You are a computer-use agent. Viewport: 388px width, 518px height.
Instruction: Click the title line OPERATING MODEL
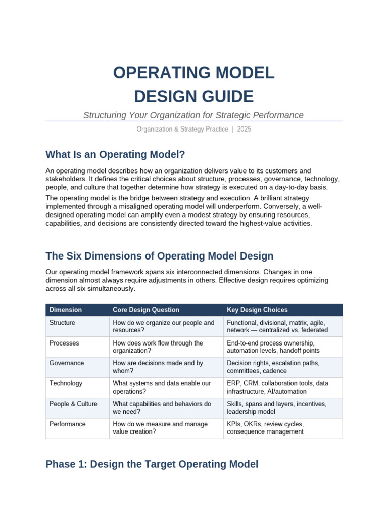tap(193, 73)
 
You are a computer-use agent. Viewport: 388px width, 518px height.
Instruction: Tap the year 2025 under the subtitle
tap(244, 129)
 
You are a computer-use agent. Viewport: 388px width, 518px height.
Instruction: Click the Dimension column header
tap(66, 310)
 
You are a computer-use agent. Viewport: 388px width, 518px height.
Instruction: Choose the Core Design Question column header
tap(146, 310)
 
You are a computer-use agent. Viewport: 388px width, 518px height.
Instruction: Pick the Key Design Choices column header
tap(257, 310)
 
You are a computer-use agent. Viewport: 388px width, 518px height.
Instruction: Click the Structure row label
tap(62, 323)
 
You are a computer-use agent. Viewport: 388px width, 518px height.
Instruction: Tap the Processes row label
tap(64, 343)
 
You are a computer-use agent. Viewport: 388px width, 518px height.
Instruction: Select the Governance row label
tap(67, 363)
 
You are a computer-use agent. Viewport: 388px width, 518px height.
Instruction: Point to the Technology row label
tap(66, 383)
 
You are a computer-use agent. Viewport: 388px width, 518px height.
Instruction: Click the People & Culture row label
tap(73, 404)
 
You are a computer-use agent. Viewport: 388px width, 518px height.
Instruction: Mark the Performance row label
tap(68, 424)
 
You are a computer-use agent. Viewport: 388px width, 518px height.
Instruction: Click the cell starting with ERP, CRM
tap(277, 387)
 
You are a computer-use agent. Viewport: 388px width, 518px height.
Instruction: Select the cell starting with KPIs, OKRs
tap(265, 428)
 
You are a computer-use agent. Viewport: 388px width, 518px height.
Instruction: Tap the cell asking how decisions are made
tap(158, 367)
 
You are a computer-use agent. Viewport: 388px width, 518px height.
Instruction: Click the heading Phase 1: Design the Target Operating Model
tap(152, 464)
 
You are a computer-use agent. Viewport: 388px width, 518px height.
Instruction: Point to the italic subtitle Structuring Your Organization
tap(193, 115)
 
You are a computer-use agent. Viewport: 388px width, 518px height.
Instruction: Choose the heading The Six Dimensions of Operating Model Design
tap(159, 256)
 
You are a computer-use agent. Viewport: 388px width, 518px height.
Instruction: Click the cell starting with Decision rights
tap(273, 367)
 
